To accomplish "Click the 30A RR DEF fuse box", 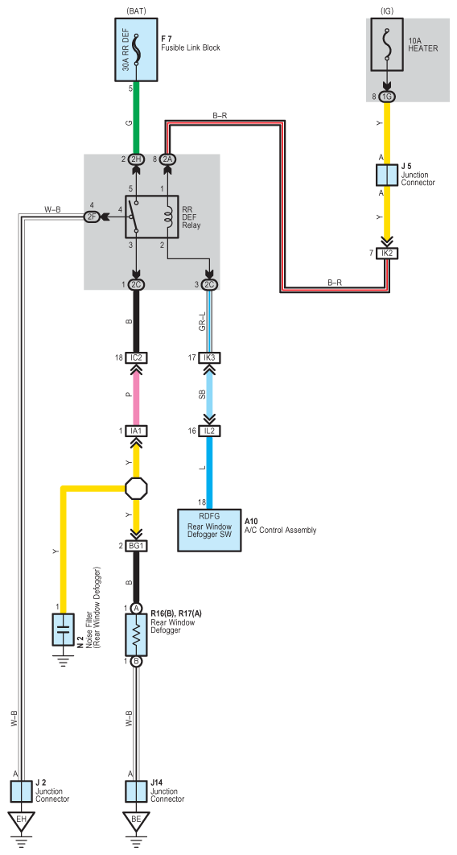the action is (x=136, y=49).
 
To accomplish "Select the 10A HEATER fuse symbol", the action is (x=387, y=44).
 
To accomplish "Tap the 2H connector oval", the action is (x=136, y=159).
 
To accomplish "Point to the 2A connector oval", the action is (x=167, y=159).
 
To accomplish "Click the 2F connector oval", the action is (x=91, y=217).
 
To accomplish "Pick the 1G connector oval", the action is (x=387, y=97).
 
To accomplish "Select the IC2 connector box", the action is (x=136, y=357).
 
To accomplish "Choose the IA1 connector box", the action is (x=136, y=431).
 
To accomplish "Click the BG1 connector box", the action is (x=136, y=546).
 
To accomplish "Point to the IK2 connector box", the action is (x=387, y=254).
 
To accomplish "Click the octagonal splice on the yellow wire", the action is (x=136, y=488).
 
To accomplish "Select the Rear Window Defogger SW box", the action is (x=210, y=530).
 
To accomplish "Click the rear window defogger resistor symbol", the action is (x=136, y=634).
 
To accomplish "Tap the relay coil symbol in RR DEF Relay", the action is (x=167, y=217).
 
